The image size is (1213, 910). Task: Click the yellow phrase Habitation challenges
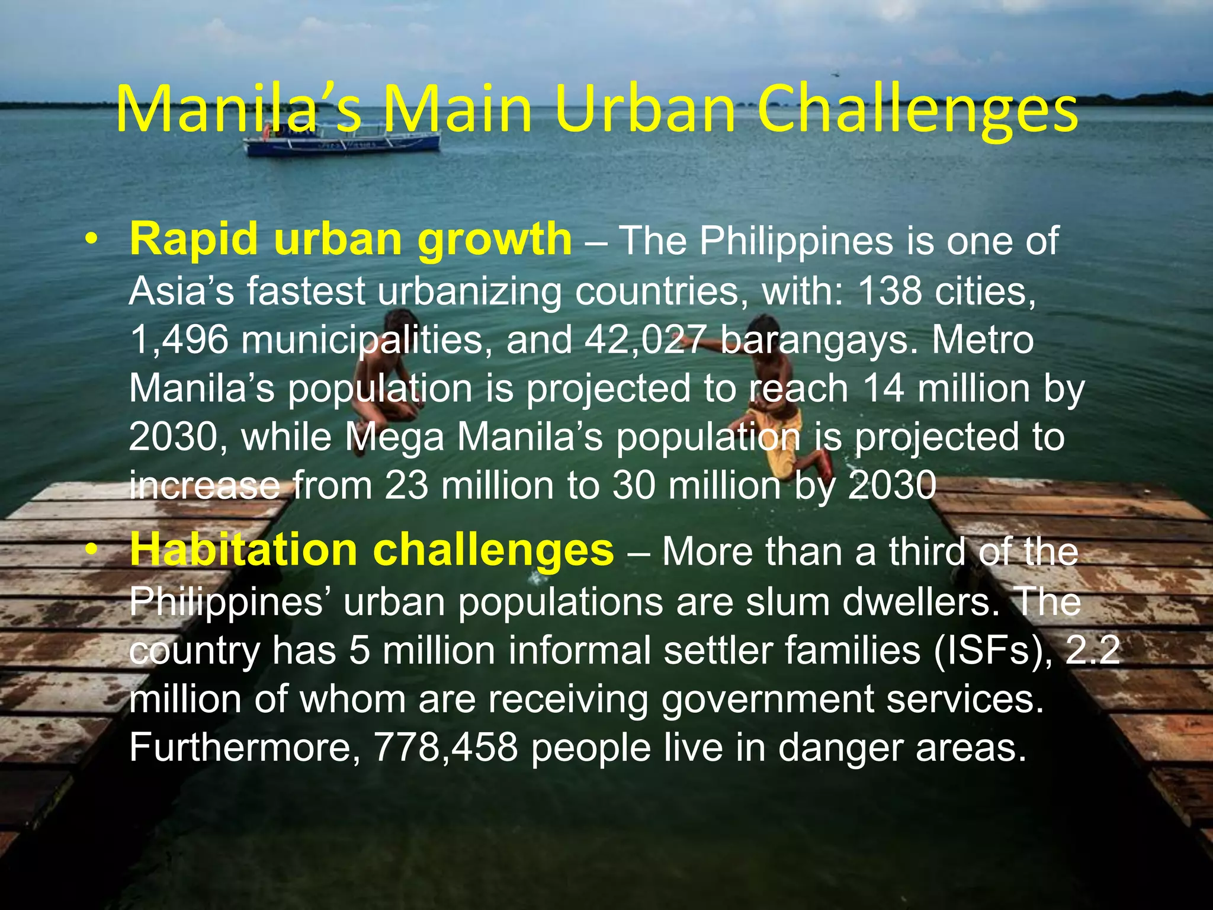pyautogui.click(x=372, y=550)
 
